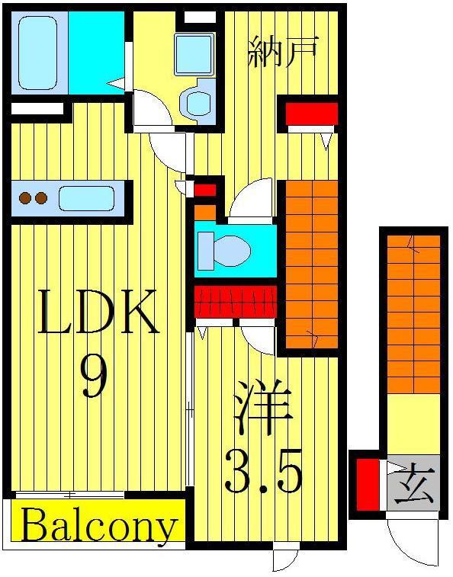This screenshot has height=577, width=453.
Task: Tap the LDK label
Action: pyautogui.click(x=98, y=312)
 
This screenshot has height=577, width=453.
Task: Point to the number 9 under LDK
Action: pyautogui.click(x=95, y=377)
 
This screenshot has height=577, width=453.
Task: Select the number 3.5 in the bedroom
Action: pyautogui.click(x=263, y=472)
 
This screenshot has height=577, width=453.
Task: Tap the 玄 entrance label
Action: pyautogui.click(x=414, y=483)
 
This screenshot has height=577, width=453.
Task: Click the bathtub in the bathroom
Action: pyautogui.click(x=37, y=53)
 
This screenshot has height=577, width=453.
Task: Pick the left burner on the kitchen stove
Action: pyautogui.click(x=25, y=198)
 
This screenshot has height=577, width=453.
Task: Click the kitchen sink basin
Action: pyautogui.click(x=86, y=199)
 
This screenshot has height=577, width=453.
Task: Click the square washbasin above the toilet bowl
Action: pyautogui.click(x=194, y=54)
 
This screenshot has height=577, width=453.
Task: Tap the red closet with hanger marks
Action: pyautogui.click(x=236, y=301)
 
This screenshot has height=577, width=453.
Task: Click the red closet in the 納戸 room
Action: pyautogui.click(x=312, y=114)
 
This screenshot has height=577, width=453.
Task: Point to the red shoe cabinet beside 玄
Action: pyautogui.click(x=368, y=485)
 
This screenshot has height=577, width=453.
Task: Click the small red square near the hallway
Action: pyautogui.click(x=205, y=190)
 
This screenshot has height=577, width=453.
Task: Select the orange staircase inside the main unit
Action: pyautogui.click(x=312, y=264)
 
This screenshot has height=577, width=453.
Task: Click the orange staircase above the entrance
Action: pyautogui.click(x=414, y=314)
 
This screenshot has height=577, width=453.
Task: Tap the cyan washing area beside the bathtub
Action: pyautogui.click(x=97, y=53)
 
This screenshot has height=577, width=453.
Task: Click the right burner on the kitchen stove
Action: pyautogui.click(x=41, y=198)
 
